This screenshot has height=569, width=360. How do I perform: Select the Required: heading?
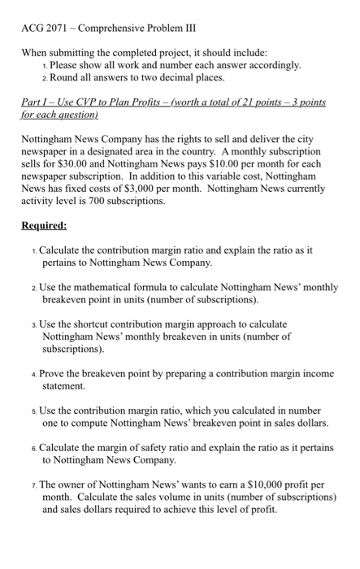pos(45,225)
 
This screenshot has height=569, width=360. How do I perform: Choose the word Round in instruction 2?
pos(63,77)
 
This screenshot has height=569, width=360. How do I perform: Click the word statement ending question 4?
pos(63,389)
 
